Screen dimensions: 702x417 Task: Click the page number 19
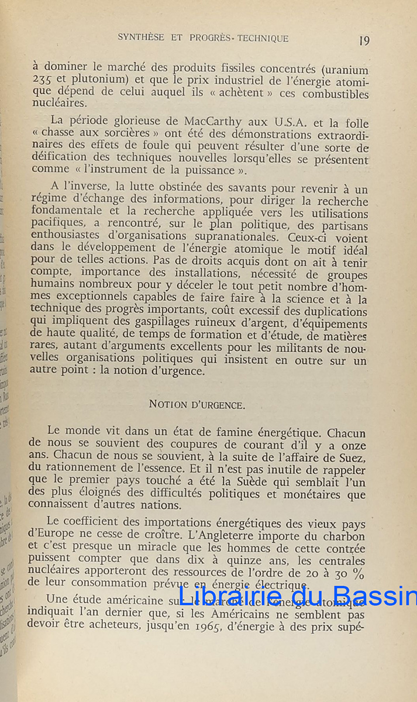(364, 40)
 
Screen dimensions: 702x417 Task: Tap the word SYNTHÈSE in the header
(140, 38)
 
